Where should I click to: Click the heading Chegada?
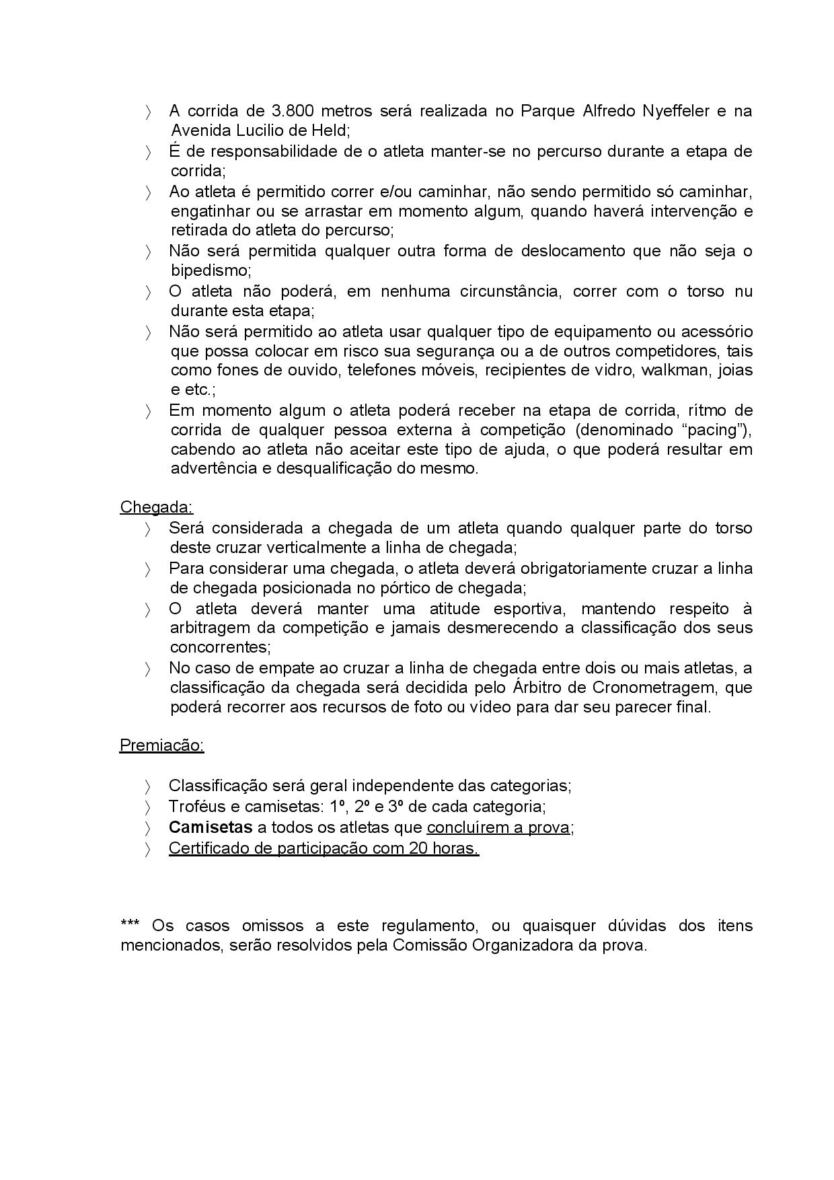[x=156, y=507]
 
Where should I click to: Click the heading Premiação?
[x=161, y=745]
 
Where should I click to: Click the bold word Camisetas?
[x=211, y=827]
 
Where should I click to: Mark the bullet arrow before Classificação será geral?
[x=148, y=786]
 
